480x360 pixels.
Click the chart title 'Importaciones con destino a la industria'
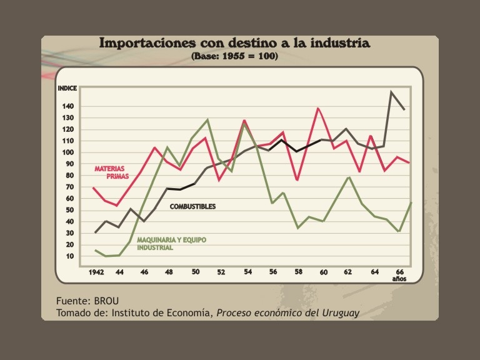click(234, 43)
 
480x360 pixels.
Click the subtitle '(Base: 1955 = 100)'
click(234, 56)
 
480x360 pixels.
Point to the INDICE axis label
click(67, 89)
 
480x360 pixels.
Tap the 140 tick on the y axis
click(68, 106)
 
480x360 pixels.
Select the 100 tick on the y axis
click(68, 152)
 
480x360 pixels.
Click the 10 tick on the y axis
click(68, 256)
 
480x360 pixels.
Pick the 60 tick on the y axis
click(68, 199)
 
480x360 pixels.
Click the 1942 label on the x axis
click(96, 272)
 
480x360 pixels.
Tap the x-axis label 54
click(247, 272)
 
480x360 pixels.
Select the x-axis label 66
click(399, 272)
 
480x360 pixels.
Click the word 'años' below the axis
click(399, 279)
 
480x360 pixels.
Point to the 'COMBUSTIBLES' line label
click(192, 206)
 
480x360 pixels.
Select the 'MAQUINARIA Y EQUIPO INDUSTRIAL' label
click(171, 244)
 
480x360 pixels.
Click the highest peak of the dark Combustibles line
click(391, 92)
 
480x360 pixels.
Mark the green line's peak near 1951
click(207, 119)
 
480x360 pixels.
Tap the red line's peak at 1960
click(319, 108)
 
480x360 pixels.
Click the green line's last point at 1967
click(410, 202)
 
